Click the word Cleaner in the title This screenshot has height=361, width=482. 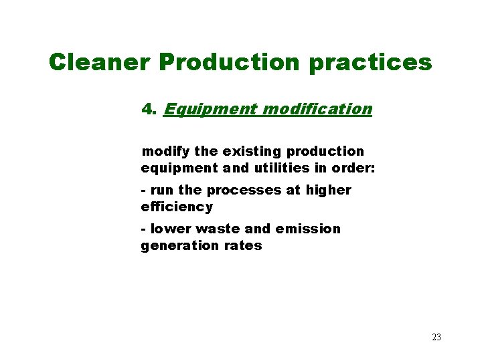tap(100, 62)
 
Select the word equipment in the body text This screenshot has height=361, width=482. tap(177, 168)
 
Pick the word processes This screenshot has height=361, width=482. tap(239, 191)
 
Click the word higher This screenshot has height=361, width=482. tap(329, 191)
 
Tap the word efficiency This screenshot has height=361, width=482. tap(177, 207)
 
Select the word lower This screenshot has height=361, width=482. tap(171, 229)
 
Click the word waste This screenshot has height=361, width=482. tap(220, 229)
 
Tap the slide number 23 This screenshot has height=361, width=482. tap(436, 337)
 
